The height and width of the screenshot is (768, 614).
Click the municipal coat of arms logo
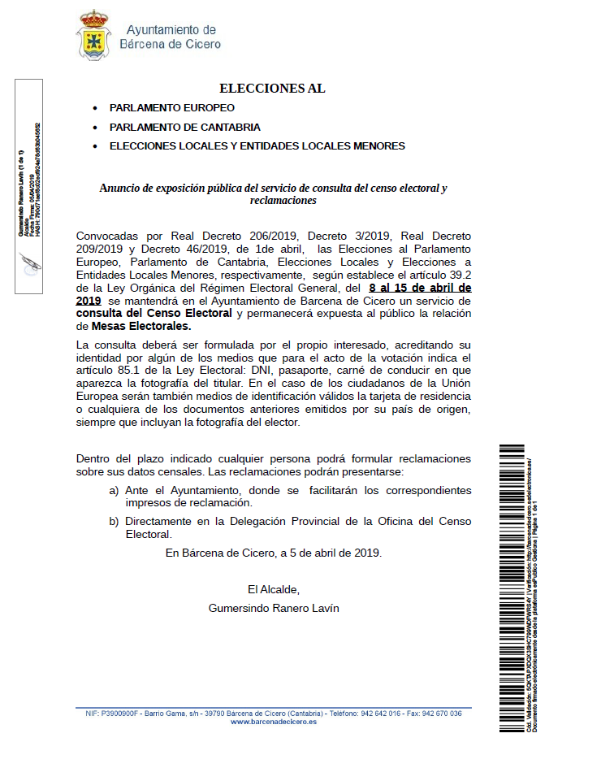coord(93,35)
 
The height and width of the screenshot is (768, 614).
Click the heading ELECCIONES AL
coord(272,89)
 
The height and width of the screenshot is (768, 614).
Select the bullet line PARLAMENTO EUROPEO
coord(172,108)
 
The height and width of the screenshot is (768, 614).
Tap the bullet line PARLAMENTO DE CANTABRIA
coord(185,128)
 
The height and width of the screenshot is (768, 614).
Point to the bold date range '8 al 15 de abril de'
coord(420,288)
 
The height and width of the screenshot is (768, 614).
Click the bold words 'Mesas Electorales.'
coord(141,326)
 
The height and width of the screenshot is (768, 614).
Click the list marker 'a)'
coord(114,491)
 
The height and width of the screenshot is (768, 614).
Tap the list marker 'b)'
coord(114,522)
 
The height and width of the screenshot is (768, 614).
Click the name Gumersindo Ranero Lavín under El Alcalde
coord(274,608)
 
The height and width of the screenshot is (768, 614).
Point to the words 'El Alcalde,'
coord(274,589)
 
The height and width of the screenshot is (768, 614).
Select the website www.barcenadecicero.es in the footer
coord(274,722)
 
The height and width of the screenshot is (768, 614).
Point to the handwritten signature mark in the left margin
coord(31,263)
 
